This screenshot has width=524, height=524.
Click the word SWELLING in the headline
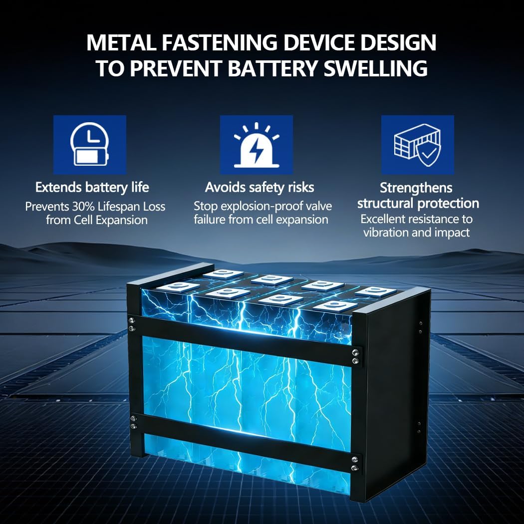375,68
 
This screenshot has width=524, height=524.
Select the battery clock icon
90,145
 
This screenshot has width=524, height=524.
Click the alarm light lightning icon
256,145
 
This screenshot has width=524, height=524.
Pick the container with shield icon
418,145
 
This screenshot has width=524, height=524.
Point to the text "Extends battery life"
92,188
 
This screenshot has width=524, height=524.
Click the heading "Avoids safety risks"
260,188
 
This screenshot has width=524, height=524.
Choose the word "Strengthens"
416,188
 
